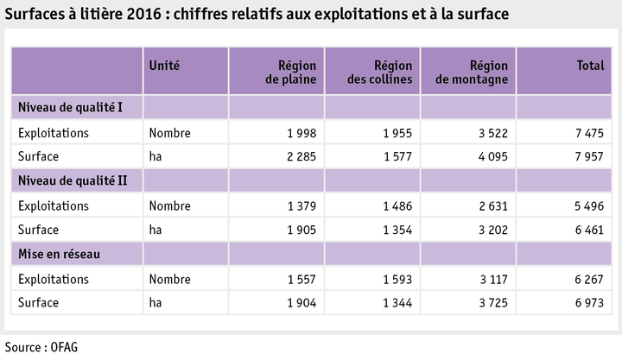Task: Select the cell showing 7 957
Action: point(587,157)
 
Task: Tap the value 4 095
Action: point(492,157)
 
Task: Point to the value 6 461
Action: point(587,230)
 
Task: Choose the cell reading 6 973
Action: point(587,303)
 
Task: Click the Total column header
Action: point(590,66)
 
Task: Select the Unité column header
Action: point(164,66)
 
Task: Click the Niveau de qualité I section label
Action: point(72,107)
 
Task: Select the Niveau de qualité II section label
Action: point(73,180)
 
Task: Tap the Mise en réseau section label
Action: point(58,253)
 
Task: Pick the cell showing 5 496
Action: point(587,206)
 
